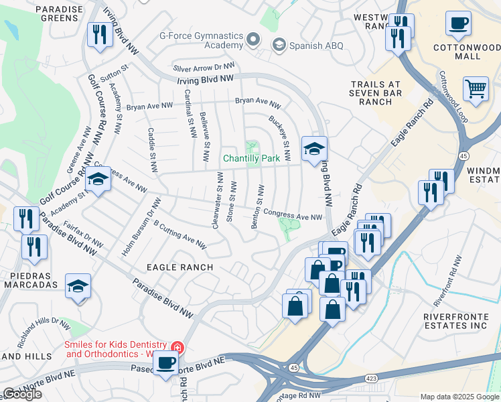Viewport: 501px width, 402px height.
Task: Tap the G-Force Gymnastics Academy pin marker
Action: pyautogui.click(x=253, y=40)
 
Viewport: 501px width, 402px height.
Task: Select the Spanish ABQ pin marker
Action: pyautogui.click(x=279, y=44)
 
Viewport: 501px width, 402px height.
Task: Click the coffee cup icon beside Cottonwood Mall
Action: pyautogui.click(x=458, y=24)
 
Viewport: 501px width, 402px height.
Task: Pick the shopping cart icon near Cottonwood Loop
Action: pyautogui.click(x=476, y=88)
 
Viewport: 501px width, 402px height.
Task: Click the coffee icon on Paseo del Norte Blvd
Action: pyautogui.click(x=166, y=364)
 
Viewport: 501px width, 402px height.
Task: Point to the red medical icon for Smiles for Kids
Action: pyautogui.click(x=177, y=347)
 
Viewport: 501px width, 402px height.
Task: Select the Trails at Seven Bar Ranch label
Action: pyautogui.click(x=380, y=93)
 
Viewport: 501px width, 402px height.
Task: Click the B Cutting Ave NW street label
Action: pyautogui.click(x=180, y=232)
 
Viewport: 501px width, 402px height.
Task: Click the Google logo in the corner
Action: pyautogui.click(x=22, y=394)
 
